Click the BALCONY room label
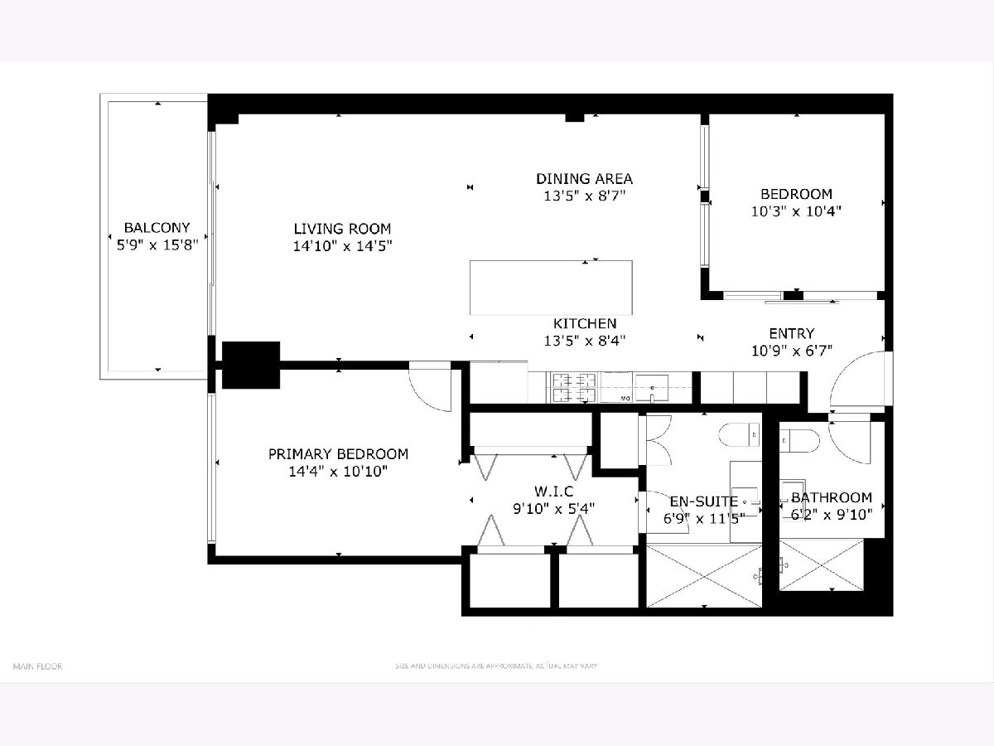coord(157,227)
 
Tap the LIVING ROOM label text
coord(342,229)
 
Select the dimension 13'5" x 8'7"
coord(584,196)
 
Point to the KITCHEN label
coord(585,323)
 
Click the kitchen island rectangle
coord(551,288)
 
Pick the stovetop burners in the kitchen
coord(574,388)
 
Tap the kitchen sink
coord(652,388)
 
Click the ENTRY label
coord(792,333)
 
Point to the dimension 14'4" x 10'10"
coord(338,472)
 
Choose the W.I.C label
coord(553,491)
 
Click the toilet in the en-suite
coord(739,434)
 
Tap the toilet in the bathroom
coord(799,440)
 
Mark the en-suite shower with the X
coord(704,576)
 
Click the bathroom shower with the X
coord(821,564)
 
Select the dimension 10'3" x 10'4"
coord(796,211)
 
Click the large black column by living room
coord(250,365)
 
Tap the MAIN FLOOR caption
coord(37,666)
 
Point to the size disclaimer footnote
coord(496,666)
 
